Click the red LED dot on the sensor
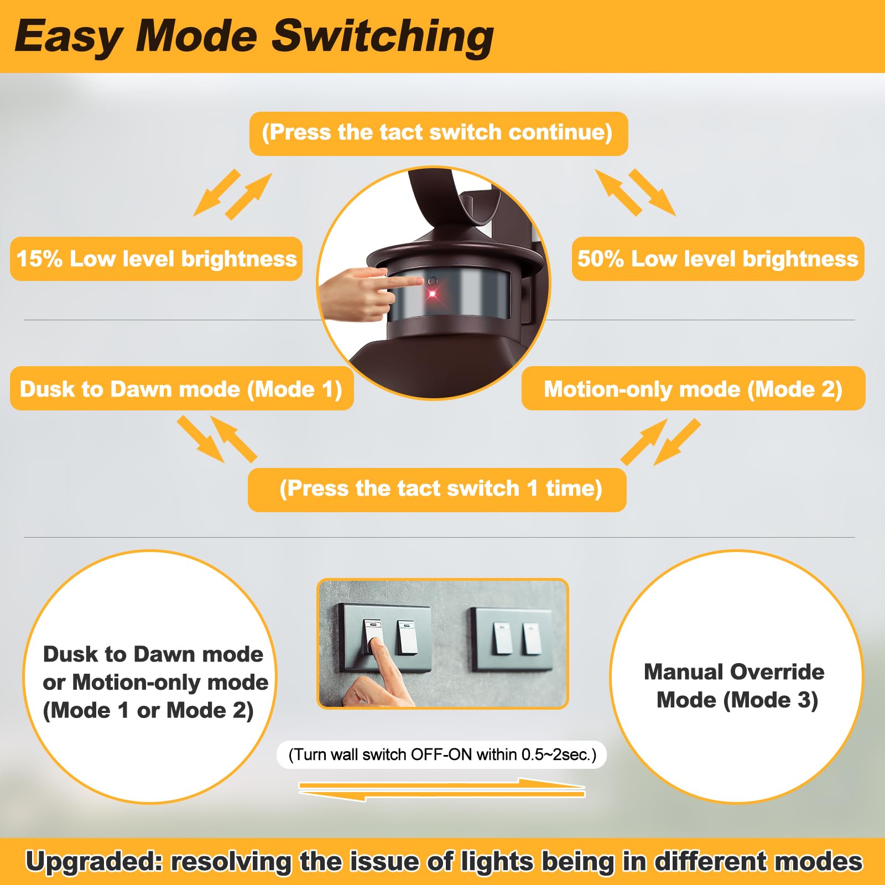[x=432, y=293]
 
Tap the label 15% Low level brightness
[x=157, y=259]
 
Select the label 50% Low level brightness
[x=717, y=259]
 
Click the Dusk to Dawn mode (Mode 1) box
[x=181, y=389]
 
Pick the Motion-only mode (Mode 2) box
[x=693, y=389]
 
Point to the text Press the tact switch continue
[x=438, y=133]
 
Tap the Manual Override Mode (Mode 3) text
[x=735, y=686]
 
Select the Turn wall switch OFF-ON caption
[x=442, y=754]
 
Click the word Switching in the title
[x=383, y=37]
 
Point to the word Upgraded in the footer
[x=92, y=862]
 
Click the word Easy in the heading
[x=67, y=37]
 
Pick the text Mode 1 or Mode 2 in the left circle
[x=148, y=711]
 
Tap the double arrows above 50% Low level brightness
[x=636, y=192]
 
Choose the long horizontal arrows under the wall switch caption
[x=442, y=790]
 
